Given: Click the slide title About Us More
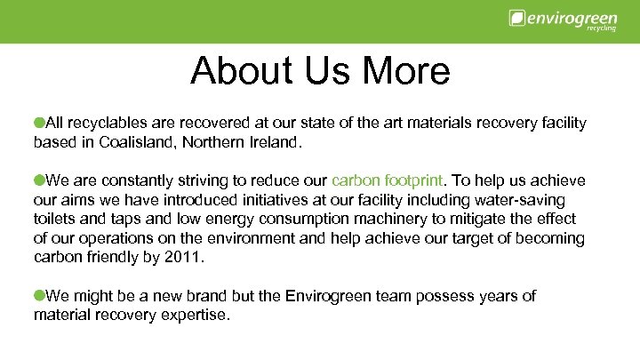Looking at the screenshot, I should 320,70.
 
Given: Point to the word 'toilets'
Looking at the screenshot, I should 54,219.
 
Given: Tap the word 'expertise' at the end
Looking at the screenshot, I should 197,316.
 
